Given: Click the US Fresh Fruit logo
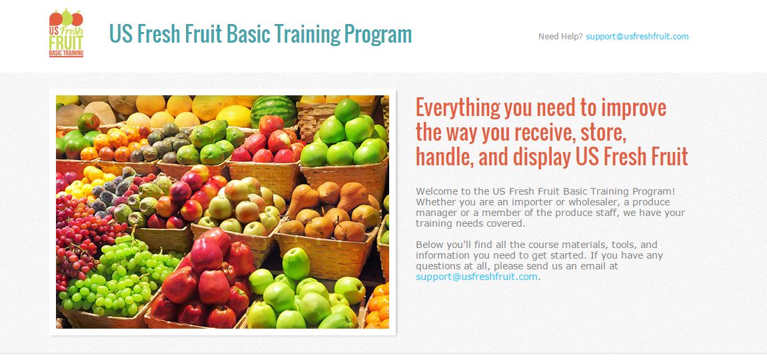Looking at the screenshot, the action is [66, 33].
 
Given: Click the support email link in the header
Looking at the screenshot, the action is [637, 36].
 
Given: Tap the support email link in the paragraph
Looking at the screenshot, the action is [476, 277].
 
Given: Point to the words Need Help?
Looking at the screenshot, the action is [560, 36].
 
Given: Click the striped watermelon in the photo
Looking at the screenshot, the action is [274, 111].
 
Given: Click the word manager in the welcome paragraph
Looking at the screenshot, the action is [435, 213].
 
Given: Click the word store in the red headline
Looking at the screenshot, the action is [600, 133].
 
